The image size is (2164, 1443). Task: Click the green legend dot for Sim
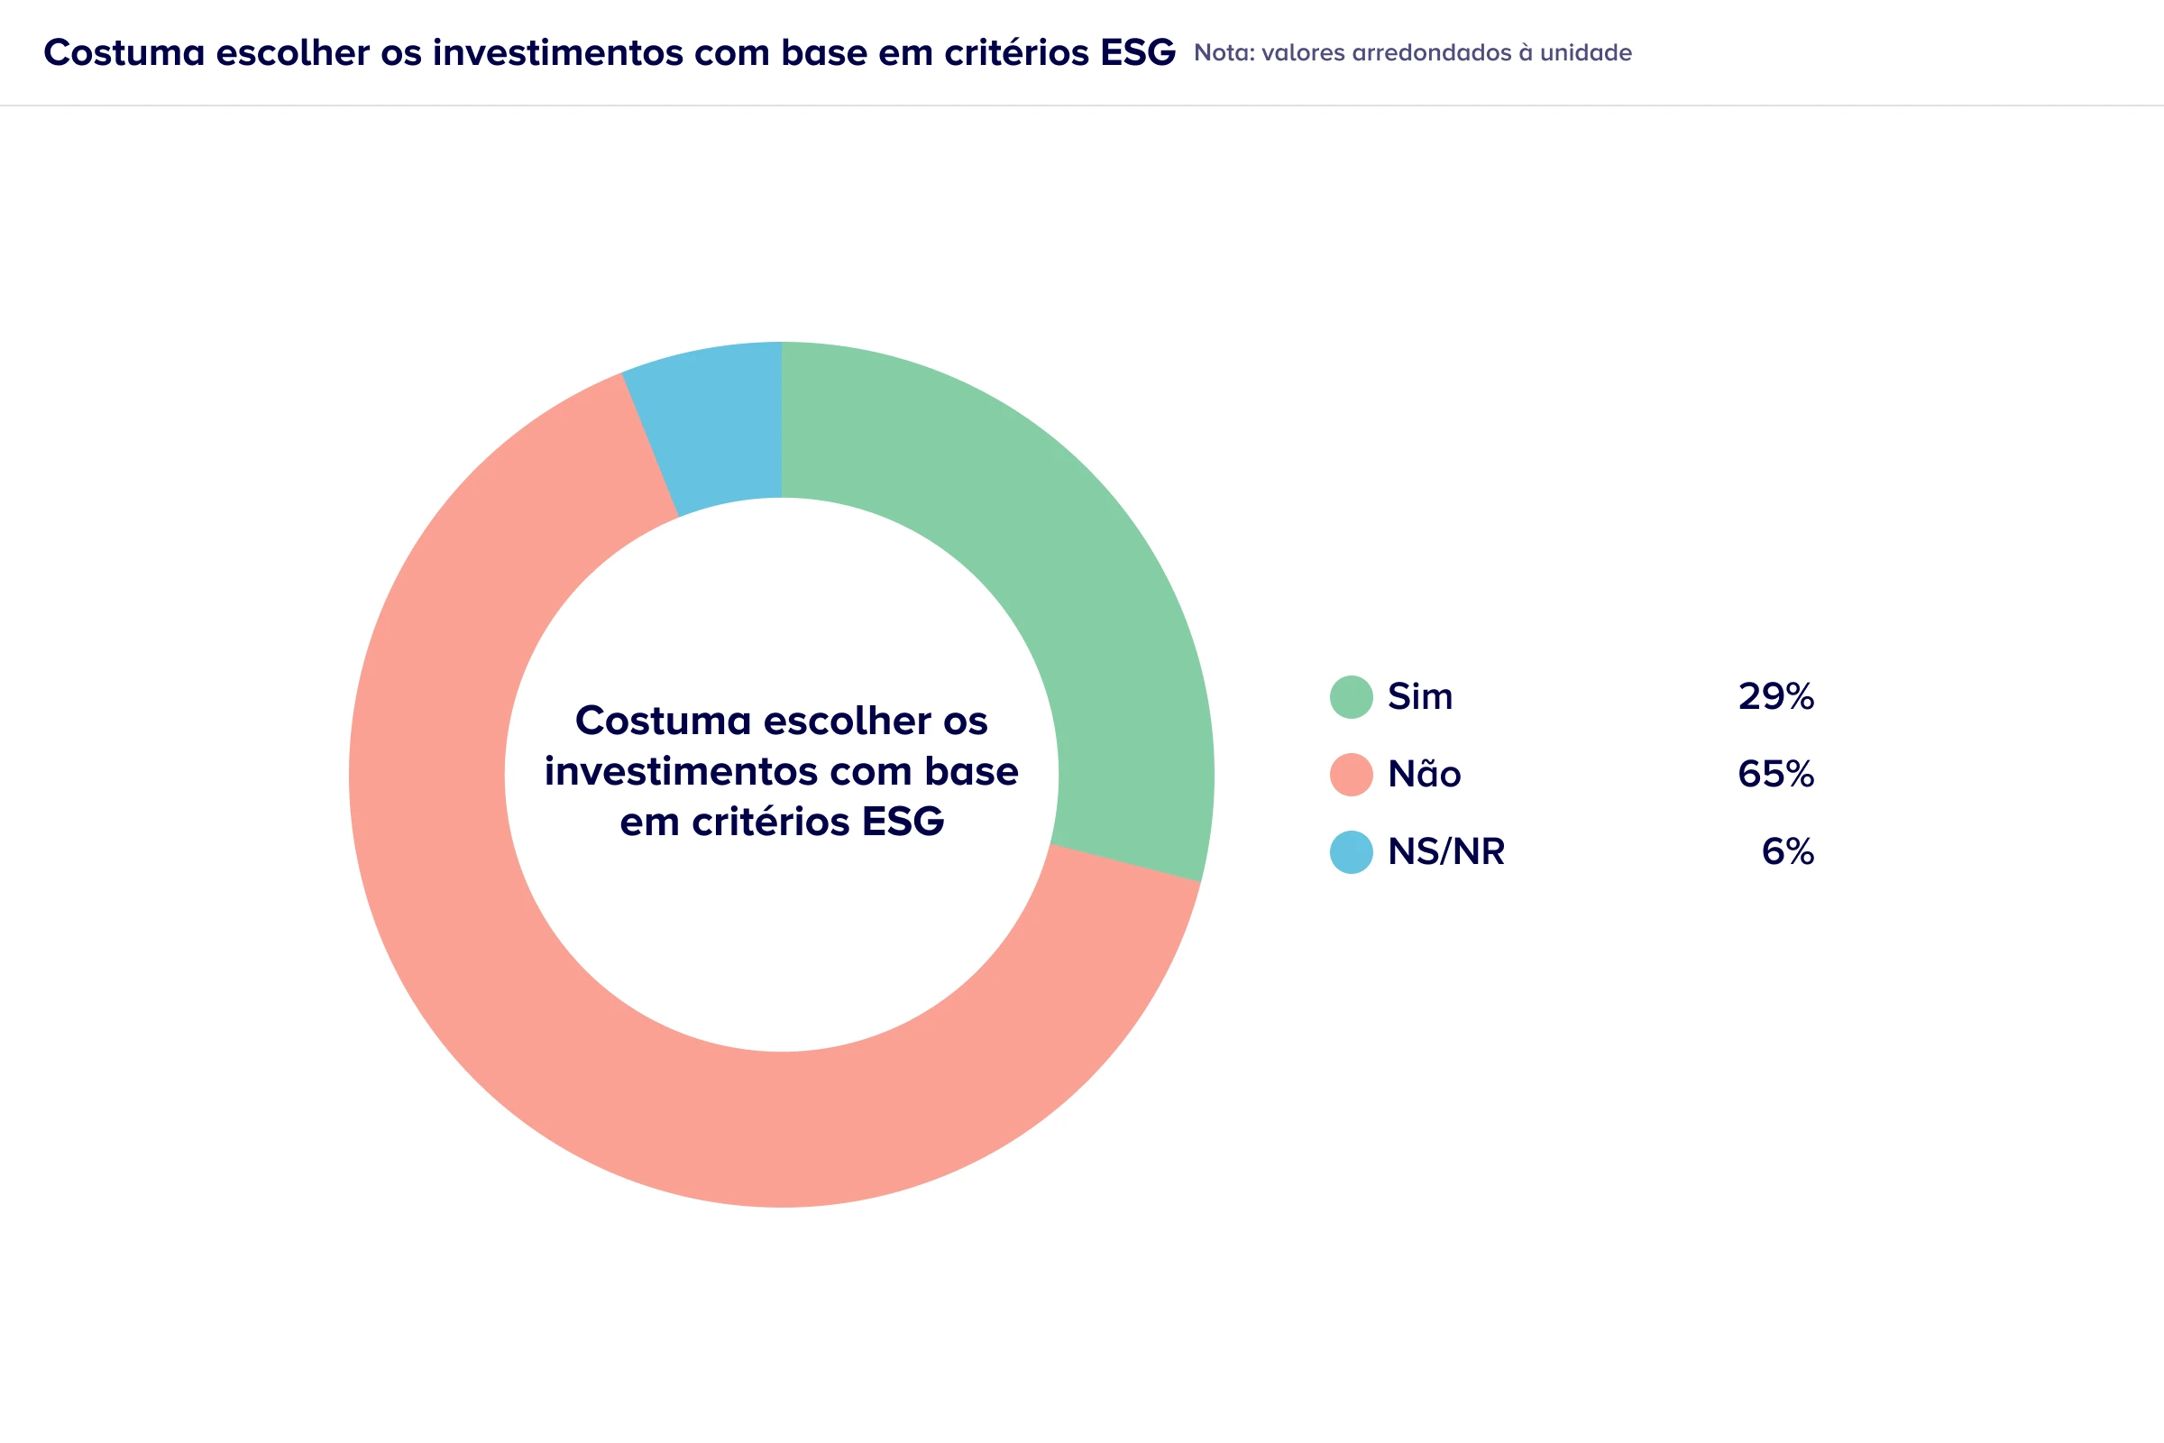coord(1352,696)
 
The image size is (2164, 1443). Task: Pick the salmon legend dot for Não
coord(1352,774)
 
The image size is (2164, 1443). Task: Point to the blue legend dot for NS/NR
coord(1352,852)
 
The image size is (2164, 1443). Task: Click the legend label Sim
coord(1419,696)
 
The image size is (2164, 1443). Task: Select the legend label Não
coord(1424,774)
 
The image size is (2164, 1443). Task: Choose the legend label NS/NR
coord(1445,852)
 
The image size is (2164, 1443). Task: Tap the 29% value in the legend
coord(1775,696)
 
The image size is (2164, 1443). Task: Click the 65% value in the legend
coord(1775,774)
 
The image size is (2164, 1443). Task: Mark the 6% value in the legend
coord(1788,852)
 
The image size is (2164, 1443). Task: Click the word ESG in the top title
coord(1137,53)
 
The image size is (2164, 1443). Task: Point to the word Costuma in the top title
coord(124,53)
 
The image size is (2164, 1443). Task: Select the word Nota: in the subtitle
coord(1224,53)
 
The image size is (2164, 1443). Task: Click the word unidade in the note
coord(1585,53)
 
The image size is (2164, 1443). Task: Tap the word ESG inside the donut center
coord(903,822)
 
